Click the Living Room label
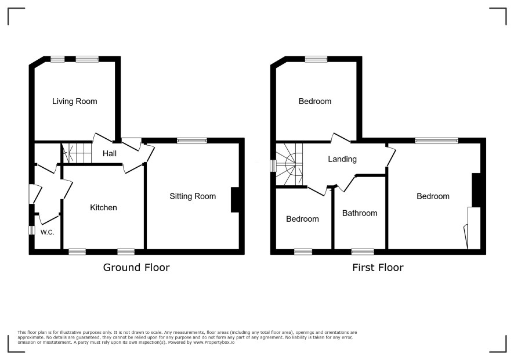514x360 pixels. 75,101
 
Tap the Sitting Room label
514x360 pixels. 193,196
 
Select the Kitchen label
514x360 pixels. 104,207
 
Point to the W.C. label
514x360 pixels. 47,232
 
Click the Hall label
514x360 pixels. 110,153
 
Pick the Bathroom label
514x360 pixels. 360,213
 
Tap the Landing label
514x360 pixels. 342,159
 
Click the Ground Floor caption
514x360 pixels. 136,268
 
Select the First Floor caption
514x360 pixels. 378,268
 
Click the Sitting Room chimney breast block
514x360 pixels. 235,200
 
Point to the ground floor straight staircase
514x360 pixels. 77,153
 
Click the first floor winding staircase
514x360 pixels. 289,164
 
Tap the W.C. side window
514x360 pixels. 32,230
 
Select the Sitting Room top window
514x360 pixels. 192,141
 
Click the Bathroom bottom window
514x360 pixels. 363,251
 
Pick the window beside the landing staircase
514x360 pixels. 273,165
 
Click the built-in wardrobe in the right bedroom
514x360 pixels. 473,228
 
